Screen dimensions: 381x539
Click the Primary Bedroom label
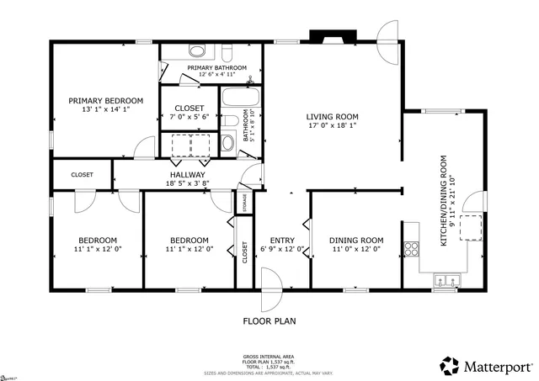[x=105, y=100]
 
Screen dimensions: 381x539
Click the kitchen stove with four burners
[x=412, y=248]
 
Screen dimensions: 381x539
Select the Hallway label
[x=188, y=175]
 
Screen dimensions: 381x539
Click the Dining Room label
[x=355, y=240]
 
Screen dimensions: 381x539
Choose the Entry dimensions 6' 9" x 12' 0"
[x=282, y=250]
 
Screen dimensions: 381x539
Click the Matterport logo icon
[x=448, y=365]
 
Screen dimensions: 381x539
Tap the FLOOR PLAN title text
[x=269, y=320]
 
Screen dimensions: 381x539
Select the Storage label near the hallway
[x=243, y=203]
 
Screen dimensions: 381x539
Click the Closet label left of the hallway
[x=82, y=175]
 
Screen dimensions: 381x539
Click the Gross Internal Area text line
[x=269, y=357]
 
